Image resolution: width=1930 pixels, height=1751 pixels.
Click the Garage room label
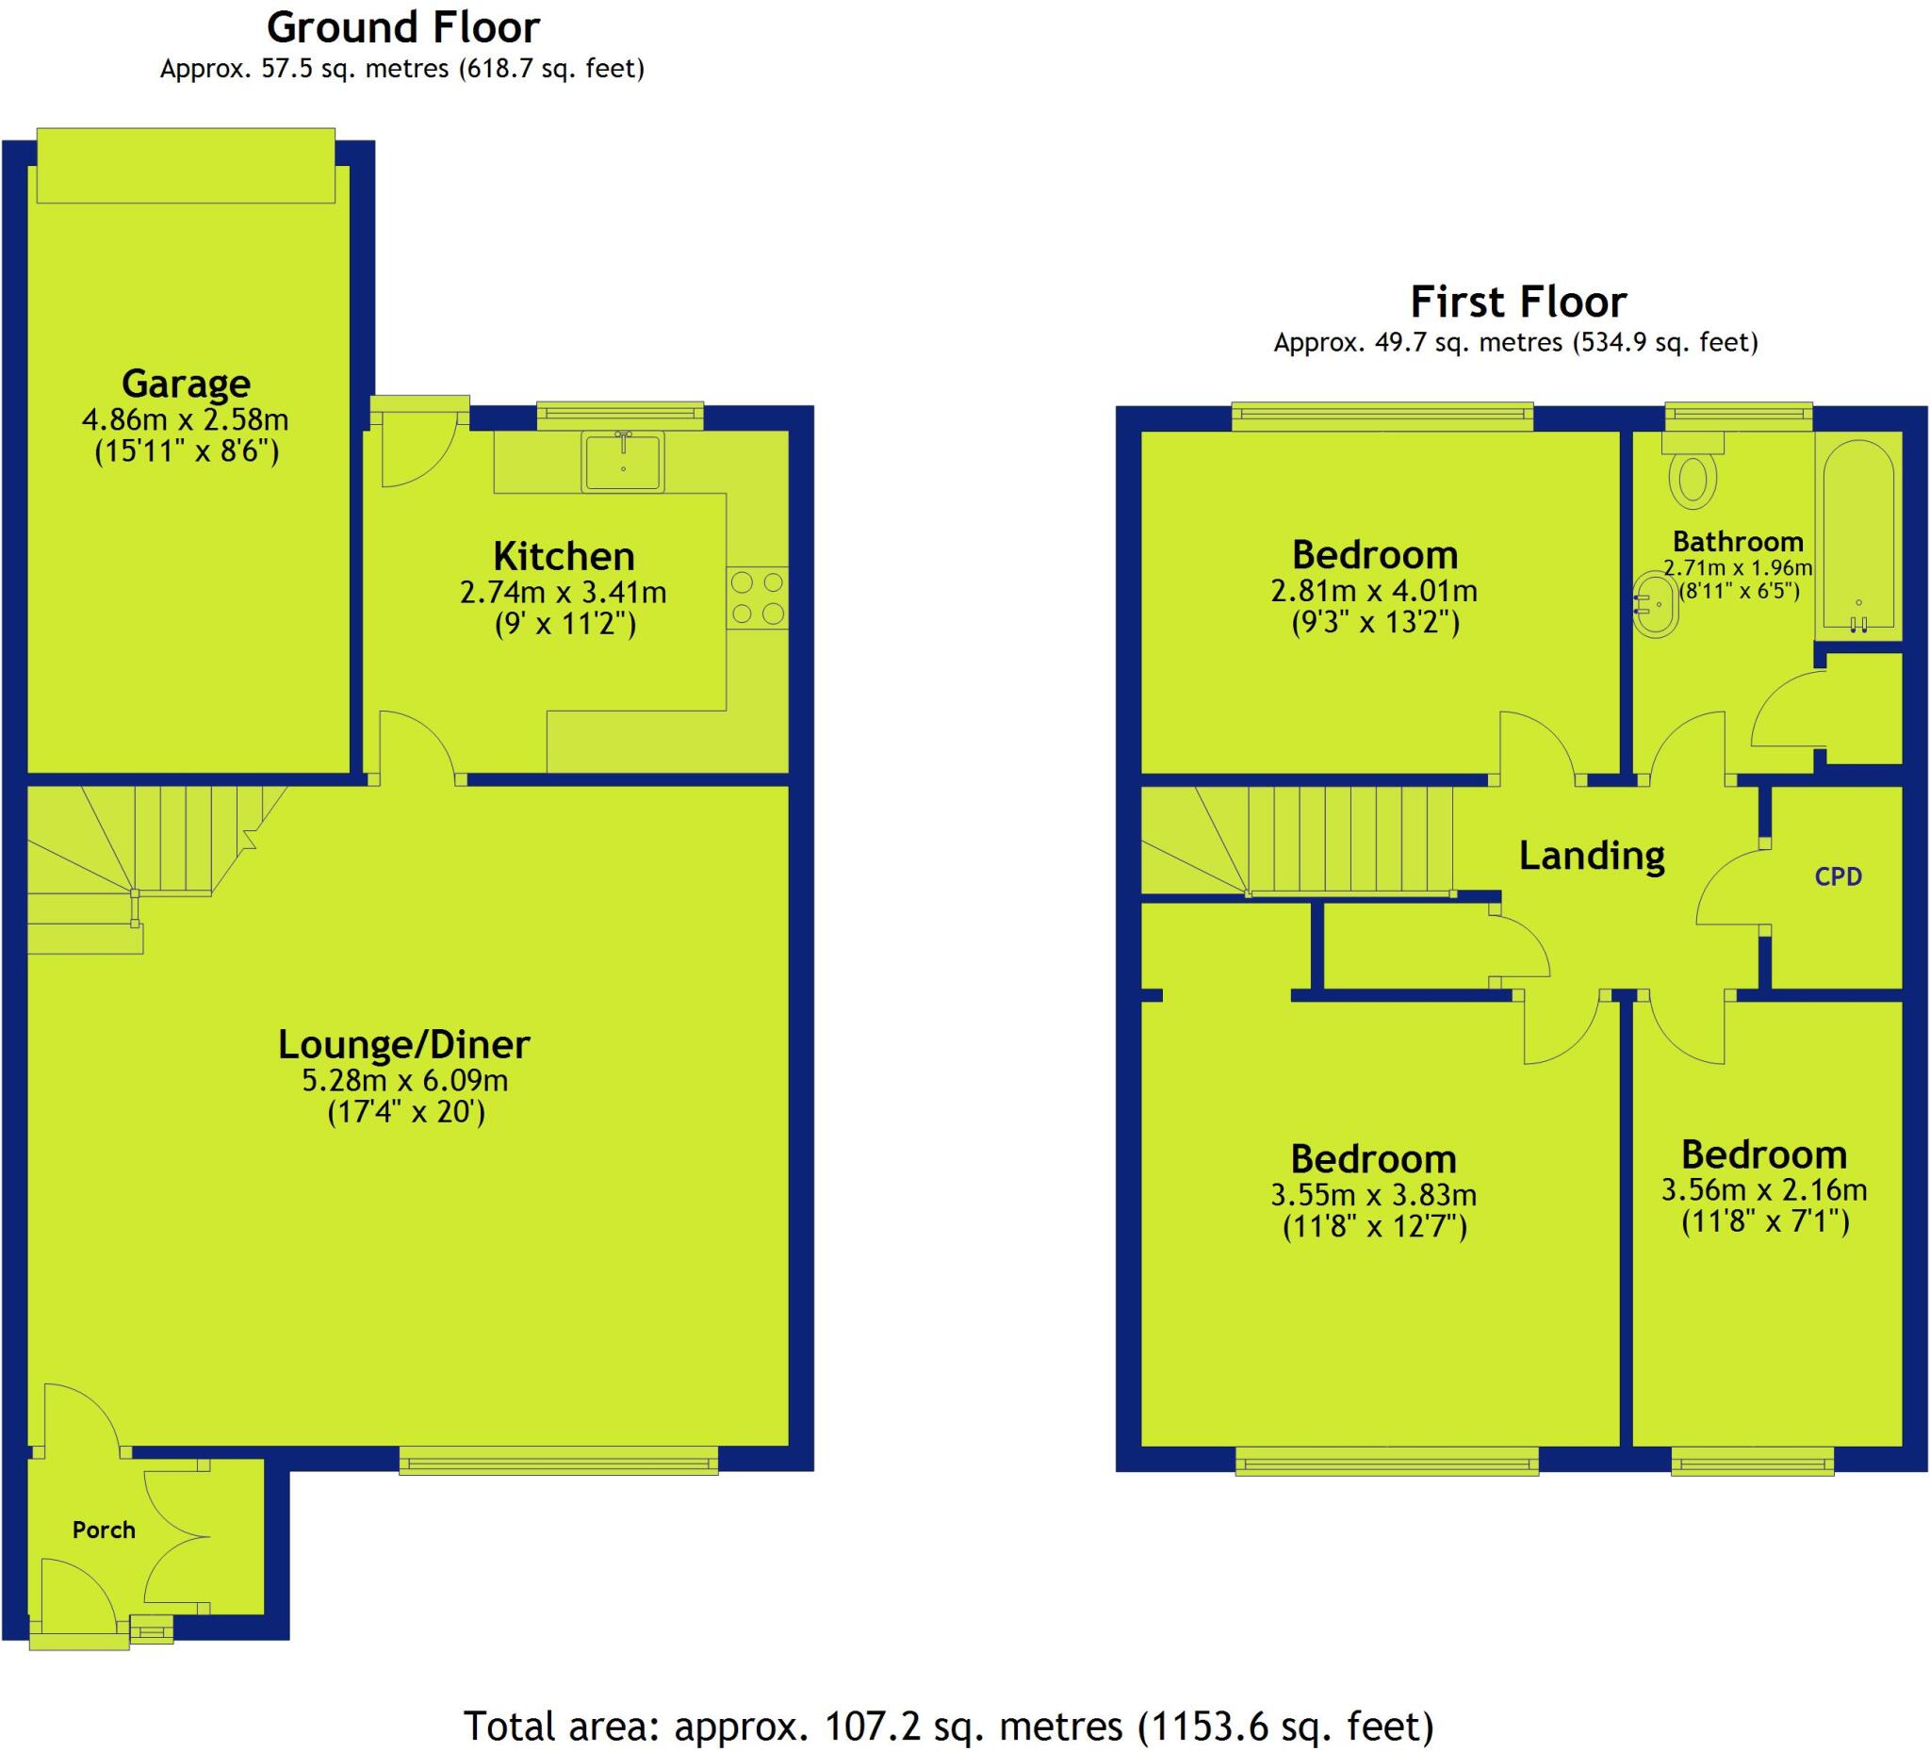[186, 384]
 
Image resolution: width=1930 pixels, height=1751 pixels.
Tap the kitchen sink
[622, 462]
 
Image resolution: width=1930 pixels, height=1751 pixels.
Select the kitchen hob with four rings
[757, 597]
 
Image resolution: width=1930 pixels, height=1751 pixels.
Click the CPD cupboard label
[1838, 876]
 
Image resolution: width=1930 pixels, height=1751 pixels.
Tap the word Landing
[1591, 855]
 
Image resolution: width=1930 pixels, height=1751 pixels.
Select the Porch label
[104, 1529]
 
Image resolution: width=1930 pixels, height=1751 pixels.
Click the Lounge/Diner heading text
[403, 1043]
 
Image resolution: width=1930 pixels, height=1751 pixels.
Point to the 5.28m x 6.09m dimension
[405, 1080]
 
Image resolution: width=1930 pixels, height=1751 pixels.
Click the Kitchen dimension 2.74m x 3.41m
[563, 592]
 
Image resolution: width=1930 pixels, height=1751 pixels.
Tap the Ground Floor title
[402, 27]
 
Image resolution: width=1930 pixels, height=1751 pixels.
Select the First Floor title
[1518, 302]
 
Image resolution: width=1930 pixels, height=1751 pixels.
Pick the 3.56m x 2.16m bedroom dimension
[1763, 1189]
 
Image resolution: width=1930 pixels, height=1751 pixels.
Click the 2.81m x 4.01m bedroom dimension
[1374, 590]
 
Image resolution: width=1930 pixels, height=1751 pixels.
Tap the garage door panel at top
[186, 166]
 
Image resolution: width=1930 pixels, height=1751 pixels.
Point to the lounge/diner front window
[558, 1461]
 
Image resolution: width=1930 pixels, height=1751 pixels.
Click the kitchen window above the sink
[619, 414]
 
